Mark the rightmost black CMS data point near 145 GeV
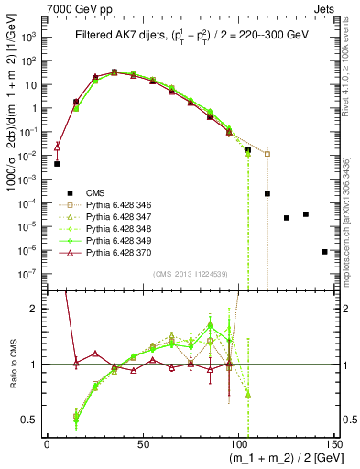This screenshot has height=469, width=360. coord(325,251)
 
